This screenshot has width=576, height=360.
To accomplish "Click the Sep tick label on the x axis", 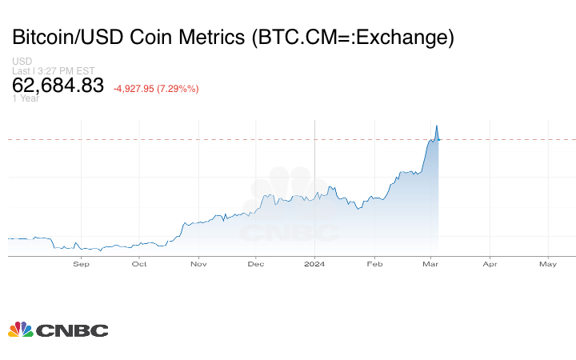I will click(x=81, y=263).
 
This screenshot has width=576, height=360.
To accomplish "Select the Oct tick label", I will click(x=139, y=263).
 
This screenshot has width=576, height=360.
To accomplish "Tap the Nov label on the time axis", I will click(x=199, y=263).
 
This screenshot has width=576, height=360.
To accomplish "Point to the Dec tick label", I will click(x=256, y=263).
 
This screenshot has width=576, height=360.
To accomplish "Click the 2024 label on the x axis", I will click(x=314, y=263).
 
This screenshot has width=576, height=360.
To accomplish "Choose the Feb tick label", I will click(x=374, y=263).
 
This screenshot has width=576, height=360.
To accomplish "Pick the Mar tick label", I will click(x=430, y=263).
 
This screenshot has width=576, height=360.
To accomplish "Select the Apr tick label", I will click(x=490, y=263).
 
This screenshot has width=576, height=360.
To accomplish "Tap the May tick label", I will click(x=548, y=263).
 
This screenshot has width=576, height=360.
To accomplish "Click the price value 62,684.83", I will click(x=58, y=85).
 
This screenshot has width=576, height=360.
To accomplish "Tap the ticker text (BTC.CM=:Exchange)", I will click(x=353, y=37).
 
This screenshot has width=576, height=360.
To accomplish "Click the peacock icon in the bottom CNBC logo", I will click(x=20, y=329).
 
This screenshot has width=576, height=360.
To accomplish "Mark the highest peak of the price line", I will click(x=436, y=125).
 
